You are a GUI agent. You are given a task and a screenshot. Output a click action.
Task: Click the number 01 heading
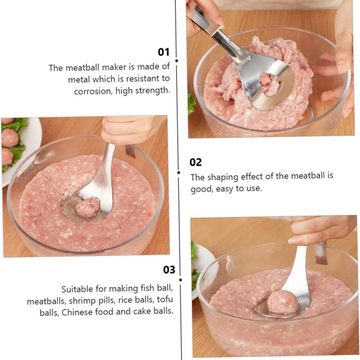(x=164, y=52)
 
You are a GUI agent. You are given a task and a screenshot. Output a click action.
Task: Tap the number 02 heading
(x=196, y=162)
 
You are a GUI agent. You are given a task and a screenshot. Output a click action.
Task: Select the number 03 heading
(x=169, y=269)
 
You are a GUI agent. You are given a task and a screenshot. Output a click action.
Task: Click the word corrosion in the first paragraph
(x=93, y=91)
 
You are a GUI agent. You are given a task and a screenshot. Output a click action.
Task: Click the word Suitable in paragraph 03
(x=75, y=289)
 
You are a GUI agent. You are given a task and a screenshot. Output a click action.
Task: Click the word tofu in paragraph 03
(x=165, y=300)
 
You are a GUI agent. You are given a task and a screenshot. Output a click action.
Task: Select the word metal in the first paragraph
(x=79, y=80)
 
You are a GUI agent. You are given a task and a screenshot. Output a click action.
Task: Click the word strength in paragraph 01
(x=153, y=91)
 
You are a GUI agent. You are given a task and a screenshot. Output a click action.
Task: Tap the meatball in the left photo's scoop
(x=87, y=207)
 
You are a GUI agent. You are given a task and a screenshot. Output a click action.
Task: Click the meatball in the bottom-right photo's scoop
(x=283, y=302)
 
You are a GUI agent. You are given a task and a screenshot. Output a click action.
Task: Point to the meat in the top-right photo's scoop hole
(x=270, y=84)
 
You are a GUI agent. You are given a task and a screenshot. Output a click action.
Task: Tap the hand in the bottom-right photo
(x=321, y=230)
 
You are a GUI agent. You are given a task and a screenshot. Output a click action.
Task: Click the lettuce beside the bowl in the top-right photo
(x=192, y=104)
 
